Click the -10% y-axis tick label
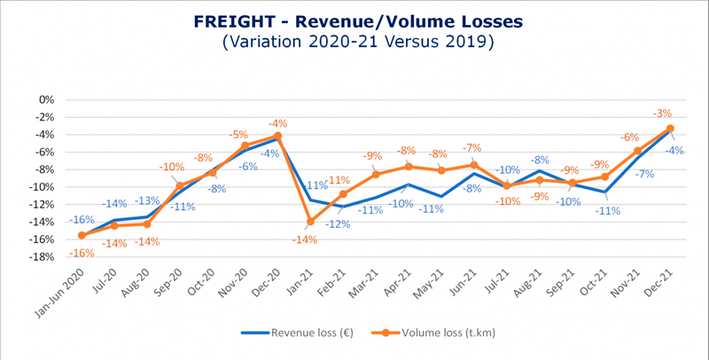40,187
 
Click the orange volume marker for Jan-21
310,222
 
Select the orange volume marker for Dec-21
670,129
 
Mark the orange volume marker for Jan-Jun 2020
82,235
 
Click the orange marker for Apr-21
409,167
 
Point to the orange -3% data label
662,113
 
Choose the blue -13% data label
148,201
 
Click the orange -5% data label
238,135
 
